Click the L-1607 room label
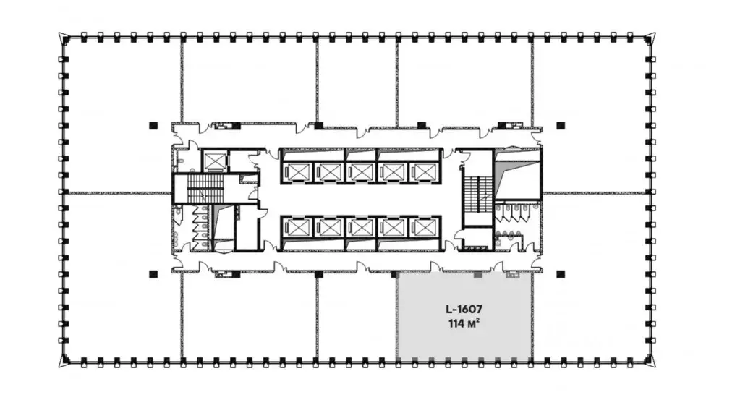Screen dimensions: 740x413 pos(464,310)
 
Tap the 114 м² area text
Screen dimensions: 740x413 pos(464,324)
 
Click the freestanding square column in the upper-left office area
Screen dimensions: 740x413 pos(153,126)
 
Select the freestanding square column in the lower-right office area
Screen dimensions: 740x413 pos(561,273)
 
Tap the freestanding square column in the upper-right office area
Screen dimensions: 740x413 pos(561,126)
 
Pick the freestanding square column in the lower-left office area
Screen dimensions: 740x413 pos(153,273)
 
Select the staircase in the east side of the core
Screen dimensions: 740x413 pos(478,195)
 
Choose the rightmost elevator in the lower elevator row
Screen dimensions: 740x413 pos(424,228)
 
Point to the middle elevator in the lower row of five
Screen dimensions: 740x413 pos(360,228)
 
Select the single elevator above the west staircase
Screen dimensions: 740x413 pos(215,161)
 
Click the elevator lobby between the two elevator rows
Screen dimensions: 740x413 pos(360,200)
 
